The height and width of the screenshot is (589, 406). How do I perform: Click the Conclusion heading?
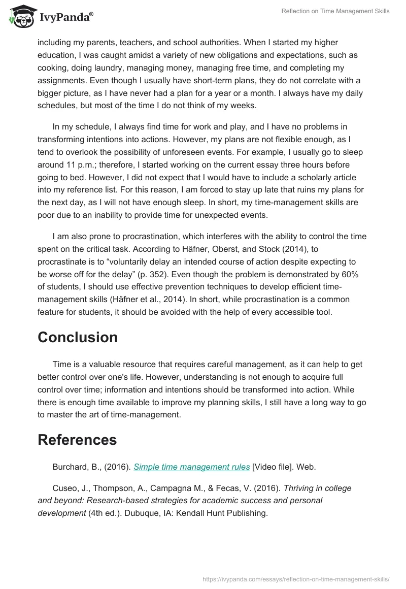[78, 337]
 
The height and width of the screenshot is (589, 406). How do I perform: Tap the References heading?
[77, 439]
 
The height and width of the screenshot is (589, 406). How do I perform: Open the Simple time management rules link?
[192, 467]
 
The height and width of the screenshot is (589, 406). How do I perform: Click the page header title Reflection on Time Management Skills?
[335, 11]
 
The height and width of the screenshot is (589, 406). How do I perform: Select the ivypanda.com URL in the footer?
[295, 578]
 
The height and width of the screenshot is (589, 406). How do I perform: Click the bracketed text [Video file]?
[273, 467]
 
